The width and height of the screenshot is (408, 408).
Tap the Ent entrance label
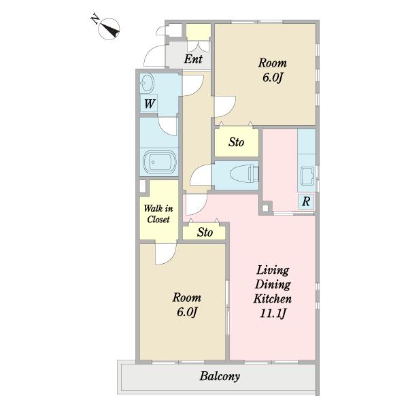click(193, 59)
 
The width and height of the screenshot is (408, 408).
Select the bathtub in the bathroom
click(160, 162)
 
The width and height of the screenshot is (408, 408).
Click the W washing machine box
click(149, 103)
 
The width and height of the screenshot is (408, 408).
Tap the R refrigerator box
click(306, 201)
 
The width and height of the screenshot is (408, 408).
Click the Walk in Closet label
click(158, 214)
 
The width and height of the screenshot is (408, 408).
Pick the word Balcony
click(220, 376)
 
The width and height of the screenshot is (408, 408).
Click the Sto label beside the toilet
click(236, 142)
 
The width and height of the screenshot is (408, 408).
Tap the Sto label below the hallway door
click(205, 232)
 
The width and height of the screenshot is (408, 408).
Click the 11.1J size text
click(273, 313)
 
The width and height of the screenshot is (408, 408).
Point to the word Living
click(273, 271)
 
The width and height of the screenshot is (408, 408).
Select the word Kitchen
click(273, 299)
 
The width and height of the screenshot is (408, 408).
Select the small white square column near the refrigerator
click(265, 208)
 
